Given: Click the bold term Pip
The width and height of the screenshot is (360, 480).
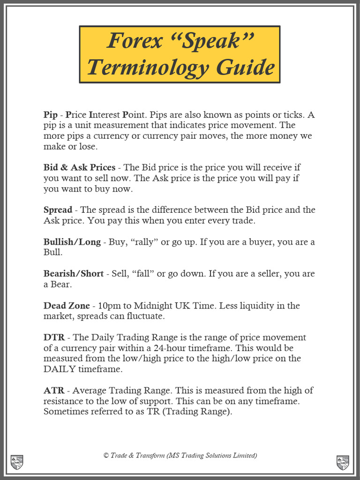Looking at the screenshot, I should [x=50, y=115].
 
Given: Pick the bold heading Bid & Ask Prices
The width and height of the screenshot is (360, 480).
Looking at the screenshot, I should [x=79, y=167].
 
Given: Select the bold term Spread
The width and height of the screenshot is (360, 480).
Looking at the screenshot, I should [x=58, y=210].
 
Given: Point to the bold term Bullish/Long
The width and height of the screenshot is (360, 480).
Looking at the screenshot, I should [x=72, y=242].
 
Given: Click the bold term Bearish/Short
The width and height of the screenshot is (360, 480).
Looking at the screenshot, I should [x=73, y=274].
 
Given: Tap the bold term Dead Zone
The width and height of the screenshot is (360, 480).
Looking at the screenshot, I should [x=66, y=306].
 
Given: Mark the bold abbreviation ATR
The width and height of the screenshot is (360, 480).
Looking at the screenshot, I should [x=53, y=390].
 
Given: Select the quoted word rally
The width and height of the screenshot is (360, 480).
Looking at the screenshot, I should [x=141, y=242].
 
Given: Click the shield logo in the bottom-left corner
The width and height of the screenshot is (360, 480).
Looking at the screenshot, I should [x=16, y=462].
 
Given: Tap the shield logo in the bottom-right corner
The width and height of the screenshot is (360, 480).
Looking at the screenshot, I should [x=343, y=462].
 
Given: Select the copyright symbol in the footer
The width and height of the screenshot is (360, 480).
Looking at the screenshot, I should [x=106, y=456].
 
